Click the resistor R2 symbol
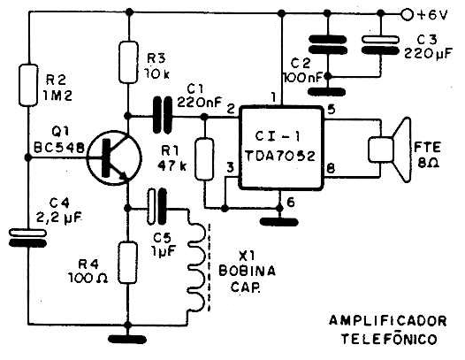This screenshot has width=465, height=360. click(x=28, y=85)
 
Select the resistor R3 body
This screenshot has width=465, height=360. click(x=128, y=62)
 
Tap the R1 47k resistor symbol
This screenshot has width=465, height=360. click(x=204, y=159)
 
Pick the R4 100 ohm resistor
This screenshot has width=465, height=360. click(x=128, y=263)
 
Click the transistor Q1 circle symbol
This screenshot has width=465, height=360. click(x=114, y=158)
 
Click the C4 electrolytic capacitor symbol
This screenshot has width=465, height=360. click(x=28, y=238)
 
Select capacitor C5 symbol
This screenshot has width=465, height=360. click(x=156, y=207)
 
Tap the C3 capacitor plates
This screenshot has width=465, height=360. click(x=379, y=45)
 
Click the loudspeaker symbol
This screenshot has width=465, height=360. click(x=390, y=149)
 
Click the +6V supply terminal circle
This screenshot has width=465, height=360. click(x=407, y=14)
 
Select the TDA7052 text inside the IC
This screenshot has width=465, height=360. click(x=280, y=156)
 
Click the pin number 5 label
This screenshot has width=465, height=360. click(x=332, y=110)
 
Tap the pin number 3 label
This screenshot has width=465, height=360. click(x=231, y=168)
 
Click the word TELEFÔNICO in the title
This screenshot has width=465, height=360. click(x=389, y=339)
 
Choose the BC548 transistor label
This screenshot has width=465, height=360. click(x=59, y=147)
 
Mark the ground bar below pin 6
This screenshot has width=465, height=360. click(x=279, y=222)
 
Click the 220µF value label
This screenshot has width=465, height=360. click(x=428, y=54)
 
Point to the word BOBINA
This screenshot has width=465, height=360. click(x=247, y=271)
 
